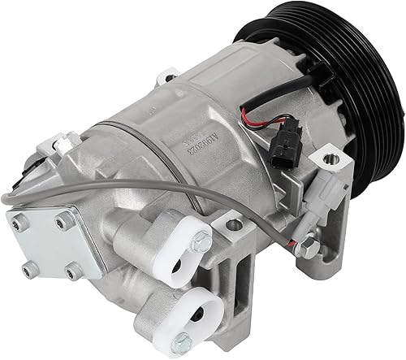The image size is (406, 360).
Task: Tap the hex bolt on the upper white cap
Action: coord(199,241)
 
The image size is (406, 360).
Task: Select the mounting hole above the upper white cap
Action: coord(233,216)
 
